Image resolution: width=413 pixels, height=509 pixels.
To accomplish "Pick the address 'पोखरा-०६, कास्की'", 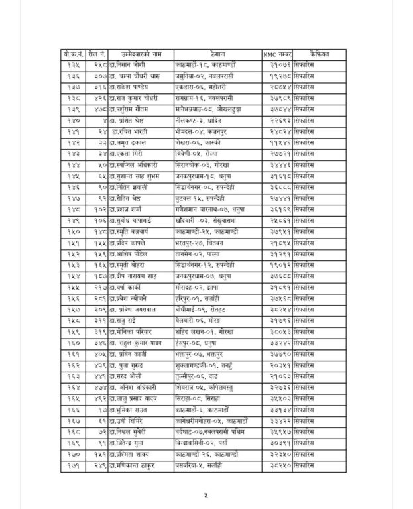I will [204, 142].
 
